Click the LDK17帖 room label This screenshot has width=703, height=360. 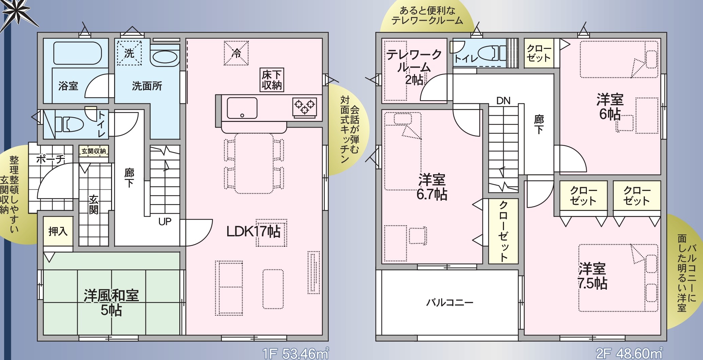[x=253, y=232]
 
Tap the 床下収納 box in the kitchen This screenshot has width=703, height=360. [x=272, y=80]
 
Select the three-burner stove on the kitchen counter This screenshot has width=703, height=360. [x=305, y=106]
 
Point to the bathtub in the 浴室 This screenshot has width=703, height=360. [x=77, y=53]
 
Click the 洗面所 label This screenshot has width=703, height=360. [x=147, y=86]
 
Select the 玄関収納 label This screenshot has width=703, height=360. [x=94, y=151]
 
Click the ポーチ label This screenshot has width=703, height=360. [x=50, y=159]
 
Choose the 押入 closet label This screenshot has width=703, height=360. [x=58, y=231]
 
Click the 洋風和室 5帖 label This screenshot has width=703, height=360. [x=111, y=303]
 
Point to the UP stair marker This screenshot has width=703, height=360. [x=165, y=222]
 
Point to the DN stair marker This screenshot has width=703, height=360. [x=503, y=101]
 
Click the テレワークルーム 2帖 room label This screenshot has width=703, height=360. [x=414, y=67]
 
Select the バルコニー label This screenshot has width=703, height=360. [x=450, y=302]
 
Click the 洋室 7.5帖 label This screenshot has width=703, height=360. [x=593, y=276]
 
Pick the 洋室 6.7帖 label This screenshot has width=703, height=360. [x=432, y=187]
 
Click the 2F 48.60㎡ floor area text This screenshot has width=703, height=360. [x=629, y=353]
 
